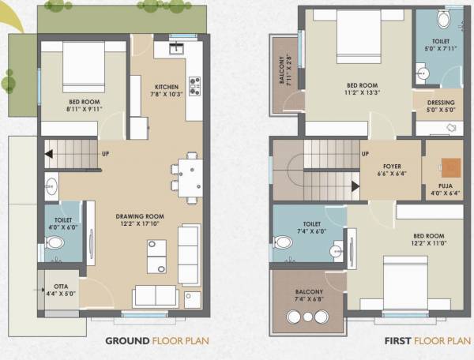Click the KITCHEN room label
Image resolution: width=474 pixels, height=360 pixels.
(167, 87)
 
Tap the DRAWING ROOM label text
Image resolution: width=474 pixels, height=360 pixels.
(139, 216)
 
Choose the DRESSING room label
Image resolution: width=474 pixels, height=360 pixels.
(440, 102)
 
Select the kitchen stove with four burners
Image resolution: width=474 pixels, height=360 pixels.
(194, 85)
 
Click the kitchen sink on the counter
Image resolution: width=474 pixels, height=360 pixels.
(175, 49)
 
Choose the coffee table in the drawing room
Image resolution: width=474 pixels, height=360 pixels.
(156, 255)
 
